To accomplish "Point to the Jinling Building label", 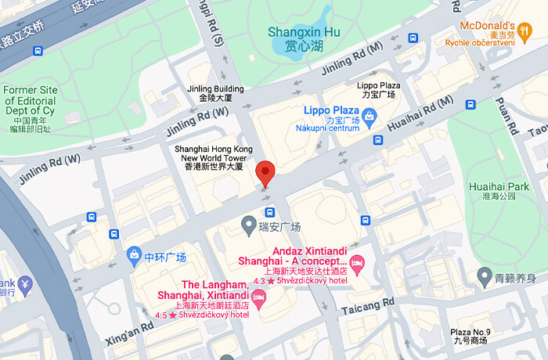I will coord(215,94).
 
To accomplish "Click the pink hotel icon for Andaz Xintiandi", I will coord(357,261).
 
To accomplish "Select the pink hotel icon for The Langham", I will coord(260,297).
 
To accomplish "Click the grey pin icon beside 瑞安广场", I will coord(248,227).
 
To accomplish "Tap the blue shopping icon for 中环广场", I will coord(134,257).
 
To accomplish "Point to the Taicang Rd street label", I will coord(368,306).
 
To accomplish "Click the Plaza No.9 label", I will coord(470,337).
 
